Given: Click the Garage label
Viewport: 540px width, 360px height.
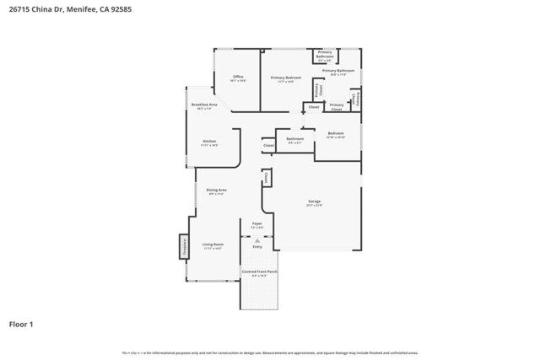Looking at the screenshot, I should tap(314, 201).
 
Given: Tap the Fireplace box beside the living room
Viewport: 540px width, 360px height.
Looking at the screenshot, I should tap(182, 246).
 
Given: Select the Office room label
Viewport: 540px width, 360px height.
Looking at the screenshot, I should tap(239, 77).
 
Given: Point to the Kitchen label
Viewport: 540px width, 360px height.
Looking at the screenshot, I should tap(209, 141).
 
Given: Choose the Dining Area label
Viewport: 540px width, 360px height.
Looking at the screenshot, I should tap(217, 191).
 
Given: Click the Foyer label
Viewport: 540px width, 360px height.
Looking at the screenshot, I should tap(257, 223).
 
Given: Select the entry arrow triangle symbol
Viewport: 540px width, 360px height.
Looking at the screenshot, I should tap(257, 239).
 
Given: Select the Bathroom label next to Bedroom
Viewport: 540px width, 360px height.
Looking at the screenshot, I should tap(295, 138).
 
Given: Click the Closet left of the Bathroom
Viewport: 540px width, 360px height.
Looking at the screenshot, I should tap(268, 145).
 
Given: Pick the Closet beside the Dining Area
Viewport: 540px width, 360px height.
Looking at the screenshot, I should tap(266, 178).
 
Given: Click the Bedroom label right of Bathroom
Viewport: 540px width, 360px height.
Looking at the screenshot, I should tap(336, 133).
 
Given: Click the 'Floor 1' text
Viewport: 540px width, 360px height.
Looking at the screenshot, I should tap(21, 324).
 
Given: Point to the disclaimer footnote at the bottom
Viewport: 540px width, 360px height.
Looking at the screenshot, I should tap(270, 352).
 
